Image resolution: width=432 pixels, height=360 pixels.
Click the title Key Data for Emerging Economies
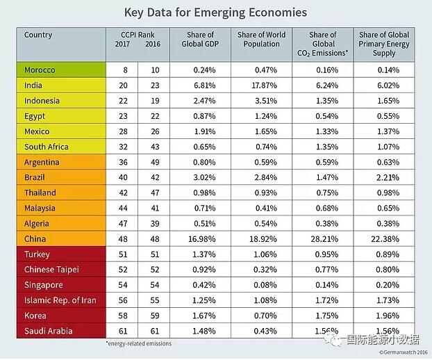point(215,13)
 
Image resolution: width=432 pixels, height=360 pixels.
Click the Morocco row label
point(40,70)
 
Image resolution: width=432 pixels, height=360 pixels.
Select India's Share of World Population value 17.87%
point(261,85)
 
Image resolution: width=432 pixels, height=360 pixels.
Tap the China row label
point(36,239)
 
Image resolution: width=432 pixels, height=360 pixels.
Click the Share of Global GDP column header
point(201,40)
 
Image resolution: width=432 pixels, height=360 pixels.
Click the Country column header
point(38,35)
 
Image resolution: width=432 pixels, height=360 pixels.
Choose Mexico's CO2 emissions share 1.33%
point(323,131)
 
